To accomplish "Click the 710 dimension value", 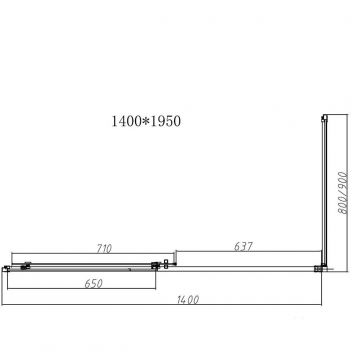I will (80, 245).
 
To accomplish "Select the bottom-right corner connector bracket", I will (319, 267).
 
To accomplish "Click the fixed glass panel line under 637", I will (240, 267).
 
